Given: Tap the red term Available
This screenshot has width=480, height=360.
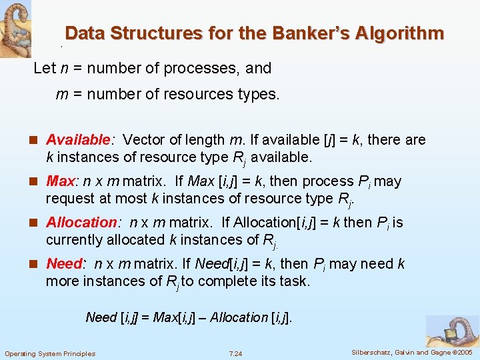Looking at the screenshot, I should [x=77, y=140].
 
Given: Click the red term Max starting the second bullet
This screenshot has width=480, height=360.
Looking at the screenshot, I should [x=60, y=181].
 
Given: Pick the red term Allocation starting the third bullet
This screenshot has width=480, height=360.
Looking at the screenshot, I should [x=81, y=223].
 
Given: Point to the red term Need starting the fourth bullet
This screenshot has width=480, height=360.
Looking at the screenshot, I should [x=63, y=264].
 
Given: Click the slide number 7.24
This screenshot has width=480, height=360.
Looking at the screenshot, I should [x=235, y=353].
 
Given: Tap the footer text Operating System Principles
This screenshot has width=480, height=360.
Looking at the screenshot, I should [x=50, y=353].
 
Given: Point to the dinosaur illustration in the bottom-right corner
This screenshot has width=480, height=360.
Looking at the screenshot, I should [x=453, y=330].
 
